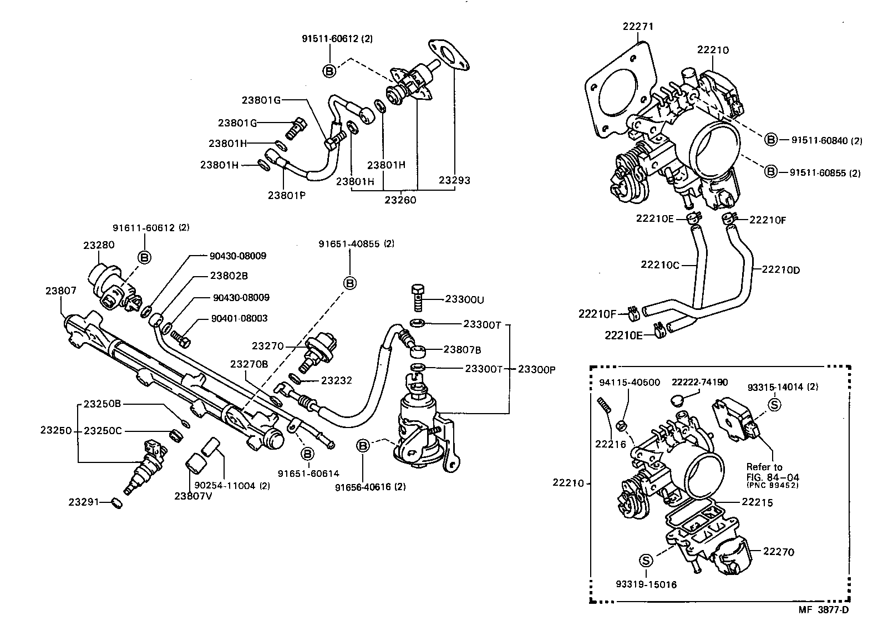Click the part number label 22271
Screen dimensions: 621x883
[x=638, y=26]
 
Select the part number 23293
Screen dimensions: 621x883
[x=454, y=180]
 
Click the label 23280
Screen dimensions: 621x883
[x=99, y=244]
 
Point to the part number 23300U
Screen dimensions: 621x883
[x=465, y=299]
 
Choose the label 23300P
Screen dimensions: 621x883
[x=537, y=369]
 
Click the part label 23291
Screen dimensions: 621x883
[x=84, y=502]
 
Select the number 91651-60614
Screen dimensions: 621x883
[x=308, y=474]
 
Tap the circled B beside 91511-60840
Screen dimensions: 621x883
[x=771, y=140]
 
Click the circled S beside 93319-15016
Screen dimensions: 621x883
[x=646, y=561]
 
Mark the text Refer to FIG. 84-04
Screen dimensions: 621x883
[x=773, y=472]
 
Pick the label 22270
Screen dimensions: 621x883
[x=778, y=552]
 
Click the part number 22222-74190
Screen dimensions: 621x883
[x=699, y=383]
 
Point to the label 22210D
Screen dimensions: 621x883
[x=780, y=269]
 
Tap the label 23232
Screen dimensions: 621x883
[x=337, y=380]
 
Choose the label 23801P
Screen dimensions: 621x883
[x=286, y=195]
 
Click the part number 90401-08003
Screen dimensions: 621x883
[x=239, y=318]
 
